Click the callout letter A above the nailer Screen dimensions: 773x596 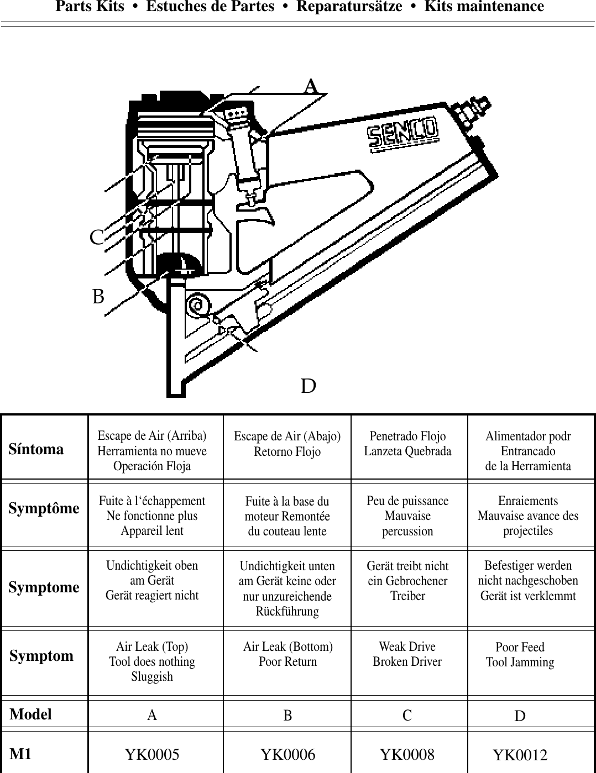click(x=311, y=87)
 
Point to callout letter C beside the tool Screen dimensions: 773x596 click(x=97, y=238)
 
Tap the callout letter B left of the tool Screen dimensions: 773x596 click(x=98, y=297)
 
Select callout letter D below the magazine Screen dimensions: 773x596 click(x=309, y=386)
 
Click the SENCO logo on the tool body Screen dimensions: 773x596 click(x=404, y=134)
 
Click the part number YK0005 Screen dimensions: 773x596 click(x=152, y=754)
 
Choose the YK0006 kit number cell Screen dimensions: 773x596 click(x=287, y=754)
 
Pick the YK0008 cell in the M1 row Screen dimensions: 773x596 click(x=407, y=754)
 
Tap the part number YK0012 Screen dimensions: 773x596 click(x=520, y=755)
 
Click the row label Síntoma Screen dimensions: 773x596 click(x=36, y=449)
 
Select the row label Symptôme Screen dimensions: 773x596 click(x=44, y=508)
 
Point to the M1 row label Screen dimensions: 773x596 click(x=21, y=754)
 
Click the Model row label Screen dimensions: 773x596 click(x=30, y=714)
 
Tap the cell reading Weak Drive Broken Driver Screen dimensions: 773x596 click(x=407, y=654)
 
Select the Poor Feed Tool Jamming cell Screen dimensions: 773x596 click(x=520, y=655)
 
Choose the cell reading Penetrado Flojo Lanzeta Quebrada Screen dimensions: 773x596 click(x=407, y=444)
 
